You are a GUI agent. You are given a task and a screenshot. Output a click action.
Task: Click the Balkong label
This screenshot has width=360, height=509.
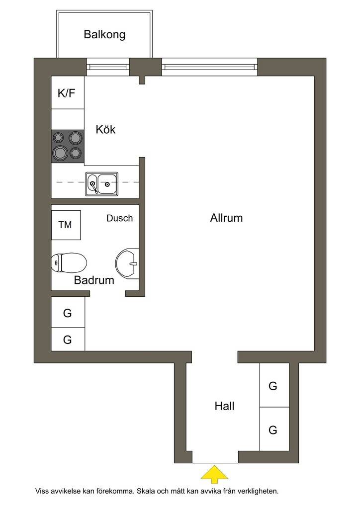coord(104,34)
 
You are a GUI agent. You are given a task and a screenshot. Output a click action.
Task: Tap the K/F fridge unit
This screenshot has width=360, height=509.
coord(68,92)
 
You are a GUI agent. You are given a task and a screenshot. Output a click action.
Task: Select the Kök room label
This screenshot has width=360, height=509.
coord(105,130)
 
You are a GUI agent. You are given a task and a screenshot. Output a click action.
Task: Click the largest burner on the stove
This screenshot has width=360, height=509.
coord(61,153)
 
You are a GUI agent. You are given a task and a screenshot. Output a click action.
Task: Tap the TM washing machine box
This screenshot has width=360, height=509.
coord(66,225)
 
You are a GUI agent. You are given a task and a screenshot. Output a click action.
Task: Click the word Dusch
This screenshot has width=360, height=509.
coord(120,218)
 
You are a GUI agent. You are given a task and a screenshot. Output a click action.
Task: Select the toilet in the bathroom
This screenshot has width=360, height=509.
coord(69,262)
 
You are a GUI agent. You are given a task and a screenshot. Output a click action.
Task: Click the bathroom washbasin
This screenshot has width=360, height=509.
coord(127,263)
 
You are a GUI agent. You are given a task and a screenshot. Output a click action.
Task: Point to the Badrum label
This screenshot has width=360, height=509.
coord(94,280)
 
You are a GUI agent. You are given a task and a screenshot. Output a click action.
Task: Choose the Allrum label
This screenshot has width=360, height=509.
coord(226,218)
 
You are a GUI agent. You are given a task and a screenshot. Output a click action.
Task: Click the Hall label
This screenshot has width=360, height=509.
coord(224,406)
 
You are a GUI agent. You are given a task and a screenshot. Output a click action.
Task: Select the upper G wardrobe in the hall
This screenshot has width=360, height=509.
coord(274,385)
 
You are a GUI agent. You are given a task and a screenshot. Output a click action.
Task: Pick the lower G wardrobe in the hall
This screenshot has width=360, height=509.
coord(274,429)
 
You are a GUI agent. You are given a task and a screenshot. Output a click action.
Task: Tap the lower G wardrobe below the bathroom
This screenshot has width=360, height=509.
coord(68,339)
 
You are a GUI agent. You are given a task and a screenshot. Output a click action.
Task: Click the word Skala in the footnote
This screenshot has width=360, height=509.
coord(146,491)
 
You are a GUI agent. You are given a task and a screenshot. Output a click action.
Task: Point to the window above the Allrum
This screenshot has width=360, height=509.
coord(210,67)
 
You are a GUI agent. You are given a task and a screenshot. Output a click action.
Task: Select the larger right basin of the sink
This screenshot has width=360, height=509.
coord(107,184)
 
